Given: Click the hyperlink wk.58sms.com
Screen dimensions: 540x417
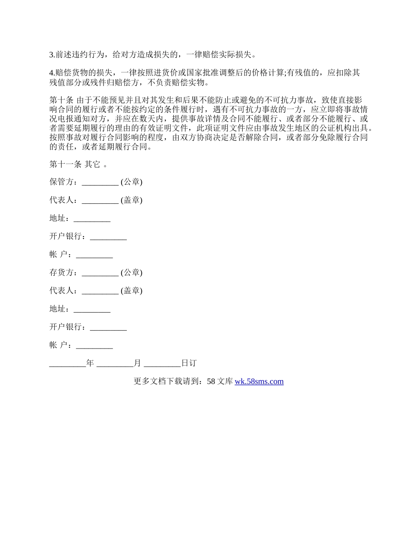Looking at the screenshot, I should click(x=259, y=382).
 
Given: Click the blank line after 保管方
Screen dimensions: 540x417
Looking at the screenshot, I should click(x=100, y=182).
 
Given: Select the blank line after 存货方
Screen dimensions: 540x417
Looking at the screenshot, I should click(x=100, y=273).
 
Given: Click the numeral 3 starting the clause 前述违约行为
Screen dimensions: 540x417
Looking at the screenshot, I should click(x=51, y=55).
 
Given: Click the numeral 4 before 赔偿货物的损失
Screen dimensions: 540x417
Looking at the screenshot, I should click(x=51, y=73).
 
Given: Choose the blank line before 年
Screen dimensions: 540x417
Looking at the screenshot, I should click(x=68, y=364).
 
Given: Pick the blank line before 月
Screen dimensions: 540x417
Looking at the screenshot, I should click(x=115, y=364).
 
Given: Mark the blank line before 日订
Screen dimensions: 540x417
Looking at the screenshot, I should click(x=162, y=364).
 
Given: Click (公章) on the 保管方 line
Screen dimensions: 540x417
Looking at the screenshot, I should click(x=132, y=182).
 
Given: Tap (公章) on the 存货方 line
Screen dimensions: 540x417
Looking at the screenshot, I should click(x=132, y=273).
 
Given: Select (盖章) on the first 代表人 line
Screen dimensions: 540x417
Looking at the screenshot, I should click(x=132, y=200).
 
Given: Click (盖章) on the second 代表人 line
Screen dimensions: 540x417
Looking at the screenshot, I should click(x=132, y=291).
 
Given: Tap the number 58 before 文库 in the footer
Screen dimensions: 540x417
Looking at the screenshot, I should click(x=211, y=382).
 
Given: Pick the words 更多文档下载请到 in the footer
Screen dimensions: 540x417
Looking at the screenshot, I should click(x=166, y=382).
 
